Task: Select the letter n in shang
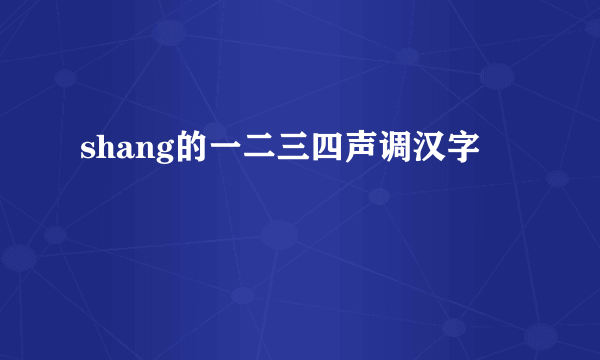(140, 153)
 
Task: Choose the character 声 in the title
(355, 151)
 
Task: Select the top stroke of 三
(288, 140)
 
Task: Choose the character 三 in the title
(288, 151)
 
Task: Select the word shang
(122, 152)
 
